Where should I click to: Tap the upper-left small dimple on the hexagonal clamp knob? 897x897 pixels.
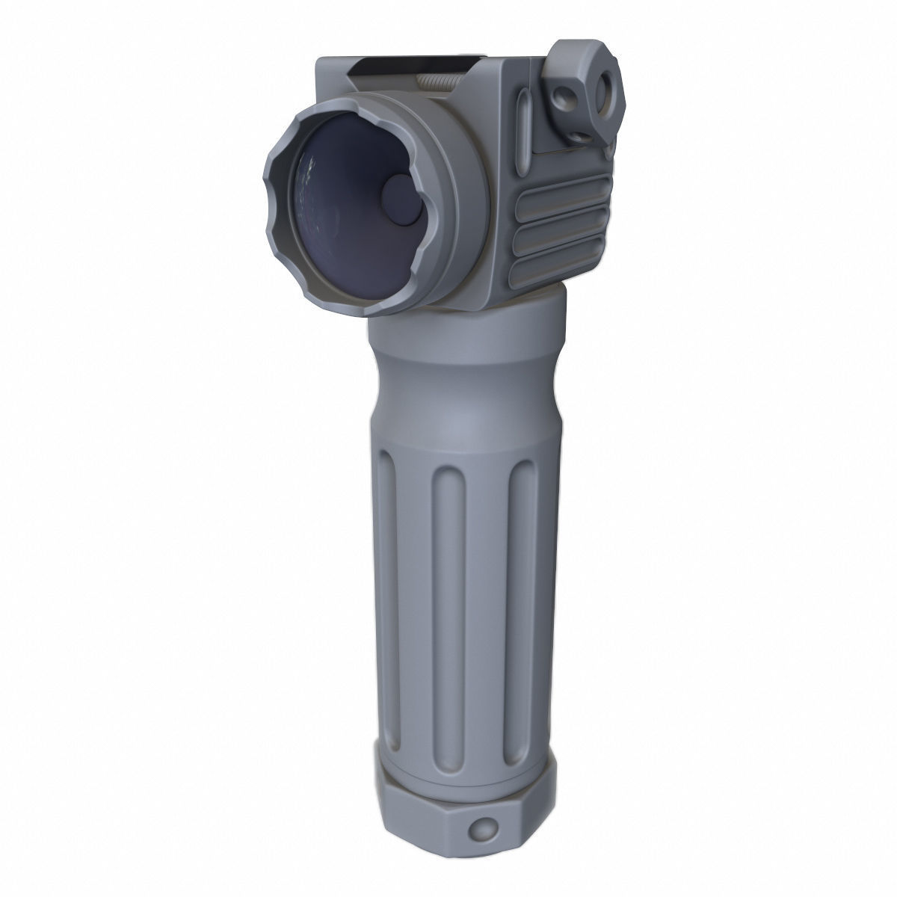[561, 94]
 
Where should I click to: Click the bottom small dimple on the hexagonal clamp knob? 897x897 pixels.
[582, 135]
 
